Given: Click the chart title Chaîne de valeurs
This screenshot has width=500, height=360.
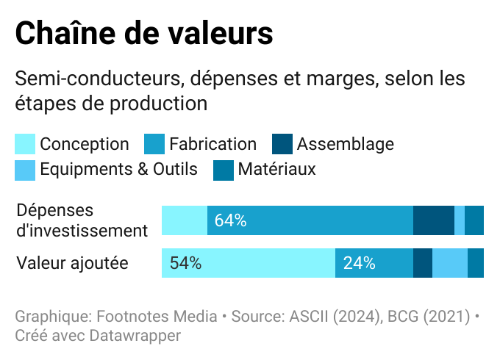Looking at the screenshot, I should click(x=144, y=33).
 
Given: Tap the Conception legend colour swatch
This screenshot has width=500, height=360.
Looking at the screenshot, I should click(x=25, y=144).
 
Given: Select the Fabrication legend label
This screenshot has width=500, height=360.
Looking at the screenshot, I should click(x=213, y=144).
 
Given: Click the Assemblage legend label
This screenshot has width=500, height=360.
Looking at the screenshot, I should click(x=345, y=144).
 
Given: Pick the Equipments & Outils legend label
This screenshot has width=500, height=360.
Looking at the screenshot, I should click(x=118, y=170).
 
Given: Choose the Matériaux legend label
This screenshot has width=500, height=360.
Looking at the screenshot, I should click(x=276, y=170).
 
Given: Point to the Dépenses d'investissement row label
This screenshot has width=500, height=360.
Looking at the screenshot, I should click(x=82, y=220).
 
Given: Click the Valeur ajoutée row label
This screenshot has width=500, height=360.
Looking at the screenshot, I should click(x=72, y=263).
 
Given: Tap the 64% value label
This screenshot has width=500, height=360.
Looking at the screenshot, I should click(x=230, y=220).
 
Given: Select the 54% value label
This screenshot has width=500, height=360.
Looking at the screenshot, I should click(x=185, y=263).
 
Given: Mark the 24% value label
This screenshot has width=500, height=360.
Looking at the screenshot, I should click(x=359, y=263).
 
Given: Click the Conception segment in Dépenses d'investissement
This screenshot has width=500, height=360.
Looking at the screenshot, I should click(x=184, y=220).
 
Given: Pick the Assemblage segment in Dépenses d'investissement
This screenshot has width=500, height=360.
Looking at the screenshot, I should click(x=433, y=220).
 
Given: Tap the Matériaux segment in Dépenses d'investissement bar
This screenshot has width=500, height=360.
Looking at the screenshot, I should click(x=474, y=220).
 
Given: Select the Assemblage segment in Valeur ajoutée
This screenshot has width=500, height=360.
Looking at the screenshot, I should click(x=423, y=263).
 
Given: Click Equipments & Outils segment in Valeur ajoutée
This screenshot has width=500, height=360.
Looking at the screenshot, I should click(x=450, y=263).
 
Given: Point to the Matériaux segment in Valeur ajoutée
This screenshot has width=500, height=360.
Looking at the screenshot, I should click(x=476, y=263).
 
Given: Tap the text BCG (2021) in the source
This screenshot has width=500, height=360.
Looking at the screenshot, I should click(x=429, y=317).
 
